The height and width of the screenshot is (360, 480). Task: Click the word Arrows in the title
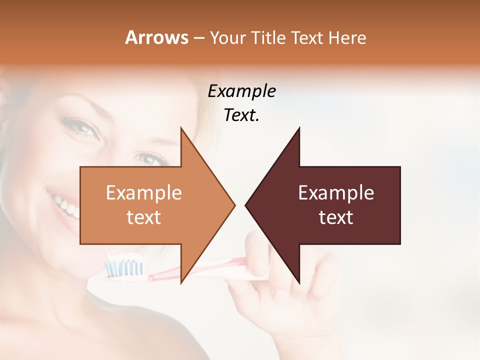[156, 37]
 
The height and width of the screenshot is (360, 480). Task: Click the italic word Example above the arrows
[241, 91]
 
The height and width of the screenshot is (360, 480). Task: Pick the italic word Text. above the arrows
[241, 115]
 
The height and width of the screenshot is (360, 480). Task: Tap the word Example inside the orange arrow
[143, 193]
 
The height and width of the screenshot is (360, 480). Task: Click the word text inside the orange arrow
[143, 217]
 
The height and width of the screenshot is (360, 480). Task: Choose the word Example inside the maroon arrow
[336, 193]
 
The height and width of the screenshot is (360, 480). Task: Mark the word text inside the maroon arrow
[336, 217]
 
